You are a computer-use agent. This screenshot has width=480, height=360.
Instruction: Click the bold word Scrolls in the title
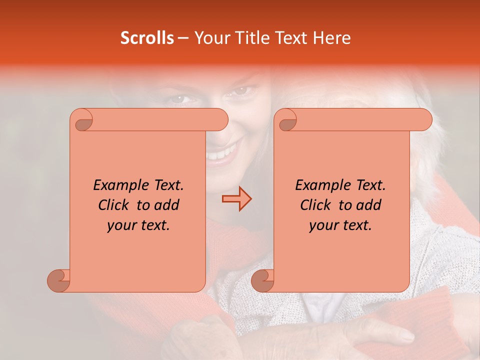pos(147,38)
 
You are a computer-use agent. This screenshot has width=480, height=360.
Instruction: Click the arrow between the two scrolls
pos(236,199)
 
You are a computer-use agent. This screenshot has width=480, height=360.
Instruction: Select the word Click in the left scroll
pos(115,205)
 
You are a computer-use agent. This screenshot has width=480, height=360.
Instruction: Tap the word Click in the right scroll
pos(317,205)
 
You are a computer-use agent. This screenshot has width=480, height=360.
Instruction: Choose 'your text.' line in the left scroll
pos(138,225)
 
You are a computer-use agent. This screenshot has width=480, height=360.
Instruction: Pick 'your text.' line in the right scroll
pos(340,225)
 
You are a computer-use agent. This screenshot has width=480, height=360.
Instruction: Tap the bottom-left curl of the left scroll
pos(59,280)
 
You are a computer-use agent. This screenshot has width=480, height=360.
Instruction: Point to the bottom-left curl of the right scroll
pos(263,280)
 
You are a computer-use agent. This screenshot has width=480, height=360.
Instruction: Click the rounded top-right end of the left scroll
pos(220,120)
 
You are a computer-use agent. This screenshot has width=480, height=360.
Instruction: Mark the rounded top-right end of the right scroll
pos(424,120)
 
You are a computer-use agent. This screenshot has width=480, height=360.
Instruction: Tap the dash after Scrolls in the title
pos(183,38)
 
